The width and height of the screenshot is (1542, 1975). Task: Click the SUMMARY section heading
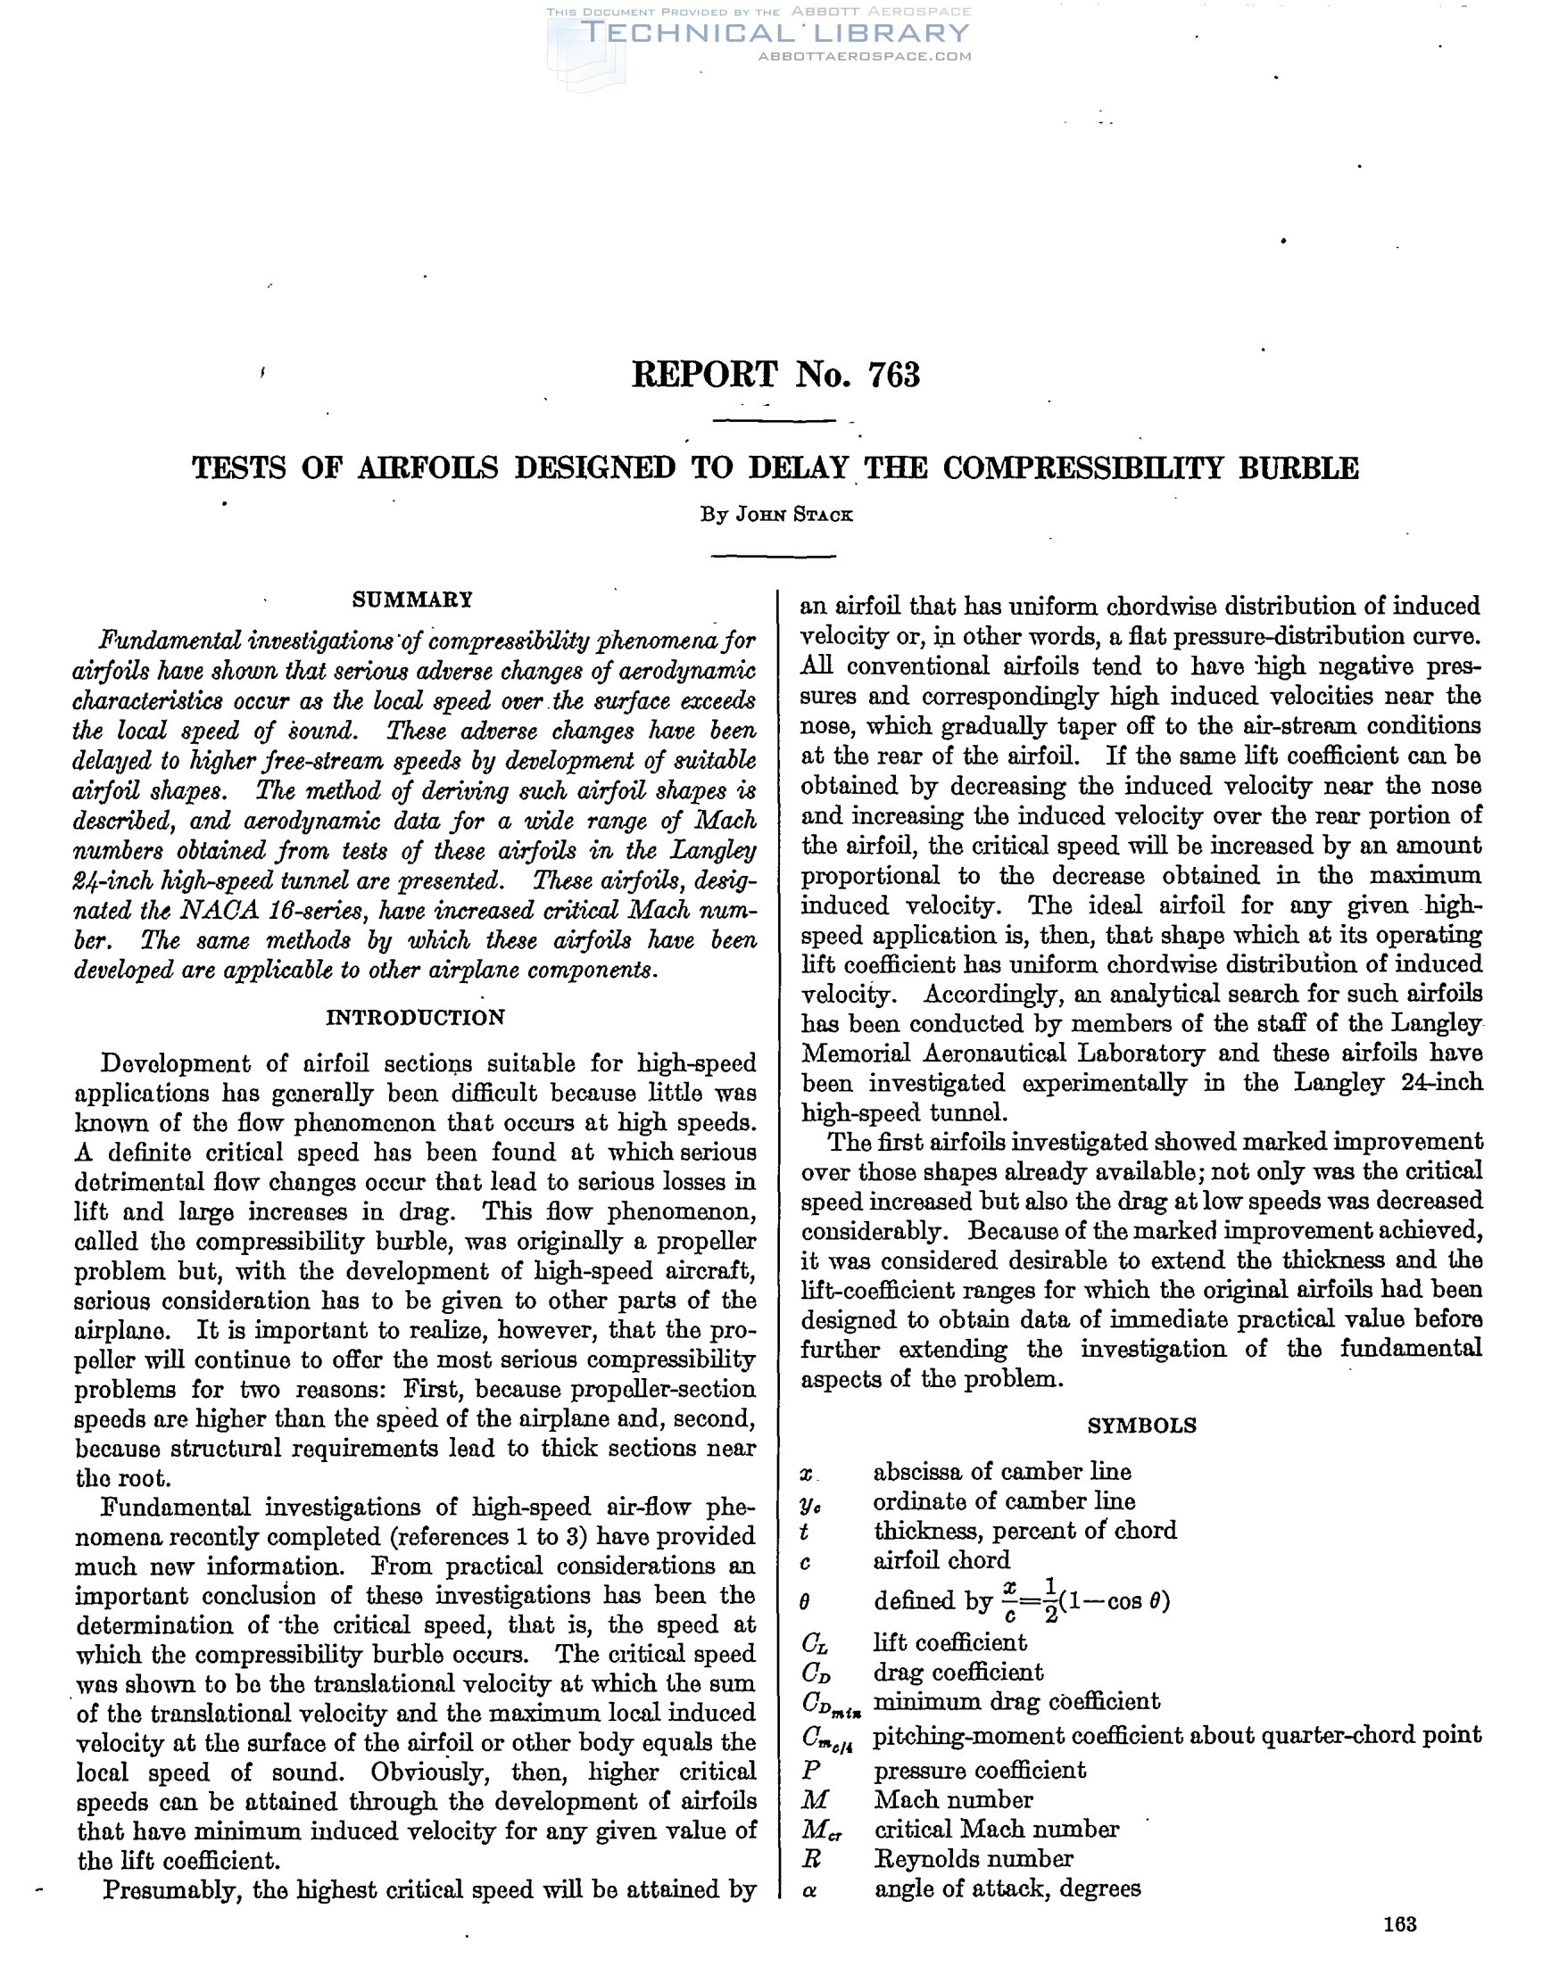pyautogui.click(x=412, y=599)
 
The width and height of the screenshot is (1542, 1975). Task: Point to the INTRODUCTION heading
pyautogui.click(x=415, y=1017)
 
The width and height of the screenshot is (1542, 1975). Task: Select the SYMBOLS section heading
pyautogui.click(x=1141, y=1425)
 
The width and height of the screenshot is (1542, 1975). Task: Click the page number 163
pyautogui.click(x=1399, y=1949)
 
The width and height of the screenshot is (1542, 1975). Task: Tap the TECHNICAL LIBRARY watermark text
pyautogui.click(x=775, y=34)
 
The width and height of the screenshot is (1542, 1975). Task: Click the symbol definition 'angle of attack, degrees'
pyautogui.click(x=1007, y=1888)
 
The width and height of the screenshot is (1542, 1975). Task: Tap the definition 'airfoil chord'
pyautogui.click(x=941, y=1560)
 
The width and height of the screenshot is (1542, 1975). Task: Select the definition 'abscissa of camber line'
pyautogui.click(x=1002, y=1471)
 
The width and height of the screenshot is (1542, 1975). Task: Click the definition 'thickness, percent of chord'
pyautogui.click(x=1024, y=1530)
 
